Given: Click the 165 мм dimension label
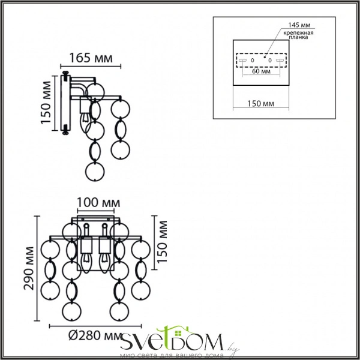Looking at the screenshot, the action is tap(91, 58).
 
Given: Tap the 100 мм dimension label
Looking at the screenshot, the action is tap(98, 203).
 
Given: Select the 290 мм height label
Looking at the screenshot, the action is tap(29, 268).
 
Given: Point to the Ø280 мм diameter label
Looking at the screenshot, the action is tap(95, 336).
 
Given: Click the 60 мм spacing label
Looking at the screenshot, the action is tap(261, 71).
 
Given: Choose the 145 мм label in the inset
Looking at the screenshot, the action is tap(299, 25).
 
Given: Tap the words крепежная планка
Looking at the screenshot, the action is tap(298, 35).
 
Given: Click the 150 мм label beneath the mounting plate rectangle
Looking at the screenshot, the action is tap(260, 104).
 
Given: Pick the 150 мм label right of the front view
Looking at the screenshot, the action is tap(163, 242).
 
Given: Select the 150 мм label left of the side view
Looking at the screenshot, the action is tap(46, 103).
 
